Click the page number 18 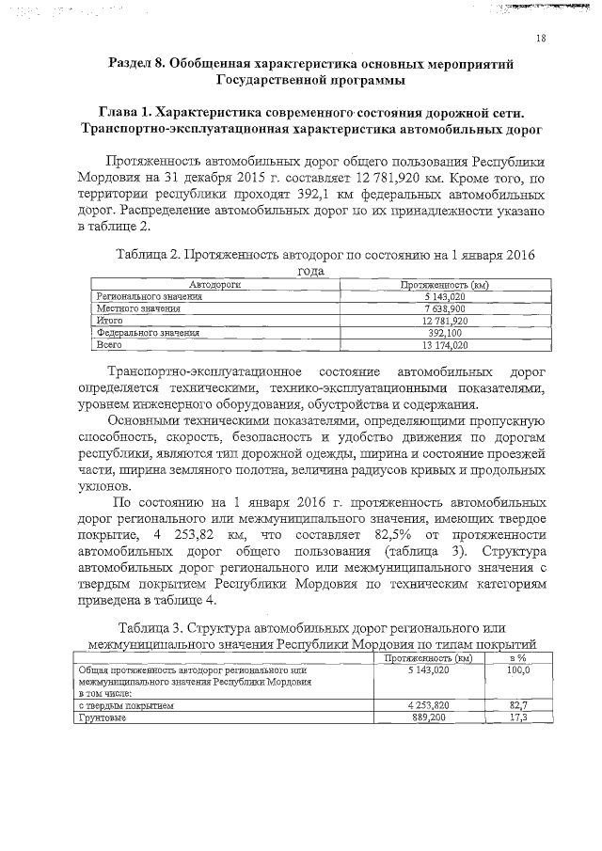[541, 39]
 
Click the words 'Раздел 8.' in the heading [142, 63]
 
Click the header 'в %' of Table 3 [516, 658]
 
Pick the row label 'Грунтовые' [103, 717]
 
